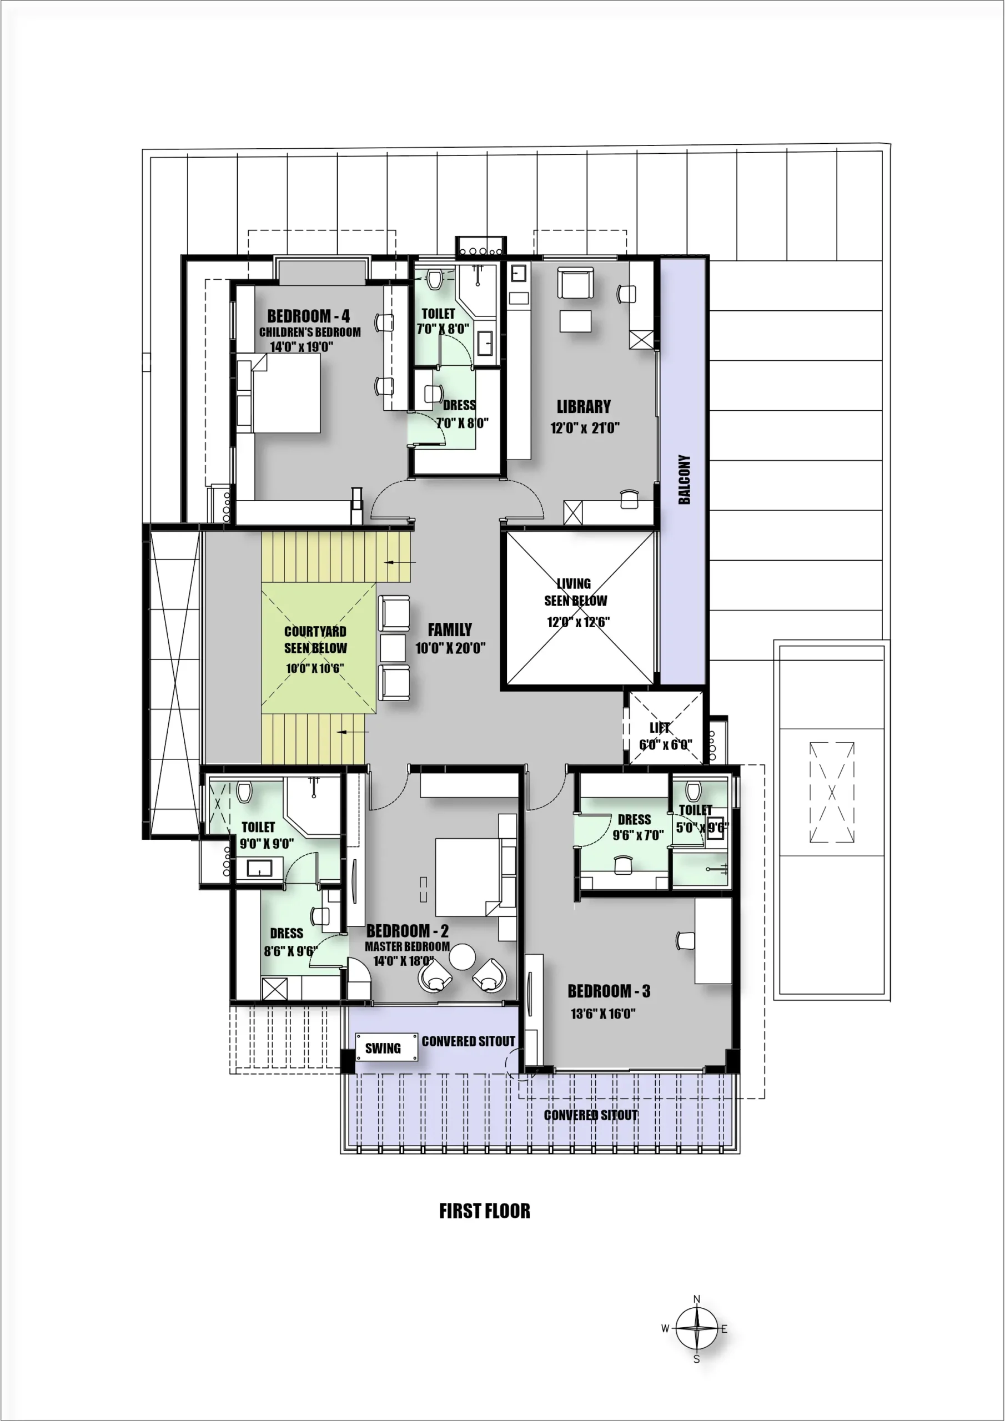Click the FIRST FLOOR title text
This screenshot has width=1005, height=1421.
pos(484,1211)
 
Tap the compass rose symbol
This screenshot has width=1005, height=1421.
pos(697,1328)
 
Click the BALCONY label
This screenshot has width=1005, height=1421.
pos(684,480)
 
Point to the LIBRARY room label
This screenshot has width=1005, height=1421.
pos(584,407)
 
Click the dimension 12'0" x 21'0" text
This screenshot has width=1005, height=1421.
pos(585,427)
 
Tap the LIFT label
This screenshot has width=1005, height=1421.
pos(660,728)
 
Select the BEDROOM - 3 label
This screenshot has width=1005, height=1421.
pos(609,991)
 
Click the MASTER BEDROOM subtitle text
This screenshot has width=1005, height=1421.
pos(407,946)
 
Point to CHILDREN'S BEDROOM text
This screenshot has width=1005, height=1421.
pos(310,332)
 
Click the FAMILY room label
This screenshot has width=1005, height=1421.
pos(450,630)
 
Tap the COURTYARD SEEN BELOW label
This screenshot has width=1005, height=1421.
pos(315,640)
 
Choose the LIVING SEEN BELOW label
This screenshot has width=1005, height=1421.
pos(575,592)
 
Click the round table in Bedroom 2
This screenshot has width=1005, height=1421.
pos(462,957)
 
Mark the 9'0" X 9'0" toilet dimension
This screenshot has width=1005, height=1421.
pos(267,844)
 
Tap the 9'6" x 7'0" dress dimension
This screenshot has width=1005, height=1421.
pos(638,835)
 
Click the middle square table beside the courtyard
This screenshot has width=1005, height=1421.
pos(393,648)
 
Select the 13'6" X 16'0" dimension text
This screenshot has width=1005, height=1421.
pos(602,1014)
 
